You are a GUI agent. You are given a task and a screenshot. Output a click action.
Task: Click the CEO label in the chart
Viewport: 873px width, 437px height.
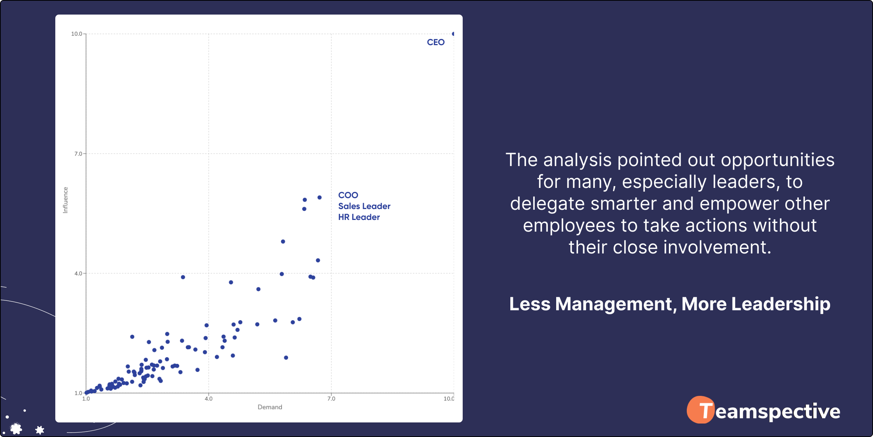(436, 42)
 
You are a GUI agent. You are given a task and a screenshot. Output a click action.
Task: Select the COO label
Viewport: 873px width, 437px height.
(348, 195)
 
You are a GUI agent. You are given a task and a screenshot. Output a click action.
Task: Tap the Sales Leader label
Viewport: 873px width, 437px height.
(364, 206)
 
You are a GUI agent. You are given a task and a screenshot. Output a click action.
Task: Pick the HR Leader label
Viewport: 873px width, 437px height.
(359, 217)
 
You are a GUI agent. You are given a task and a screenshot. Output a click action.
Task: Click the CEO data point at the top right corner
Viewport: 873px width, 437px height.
(453, 34)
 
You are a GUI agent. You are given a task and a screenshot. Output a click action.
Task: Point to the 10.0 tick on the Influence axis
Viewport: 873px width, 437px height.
(76, 34)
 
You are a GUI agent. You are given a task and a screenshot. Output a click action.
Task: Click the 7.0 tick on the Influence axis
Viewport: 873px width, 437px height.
(78, 154)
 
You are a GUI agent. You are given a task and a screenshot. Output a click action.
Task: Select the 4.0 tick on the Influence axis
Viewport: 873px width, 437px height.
(78, 273)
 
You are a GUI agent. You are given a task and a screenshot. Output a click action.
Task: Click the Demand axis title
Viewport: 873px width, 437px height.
(270, 407)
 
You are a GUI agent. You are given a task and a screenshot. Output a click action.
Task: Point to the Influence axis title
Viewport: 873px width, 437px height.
(65, 200)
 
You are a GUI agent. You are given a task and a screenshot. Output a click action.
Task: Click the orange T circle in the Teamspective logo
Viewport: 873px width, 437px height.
(701, 410)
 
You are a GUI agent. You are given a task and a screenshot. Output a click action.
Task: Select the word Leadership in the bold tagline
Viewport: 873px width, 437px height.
(781, 304)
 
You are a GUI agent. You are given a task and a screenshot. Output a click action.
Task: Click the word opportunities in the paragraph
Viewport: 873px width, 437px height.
(778, 161)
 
